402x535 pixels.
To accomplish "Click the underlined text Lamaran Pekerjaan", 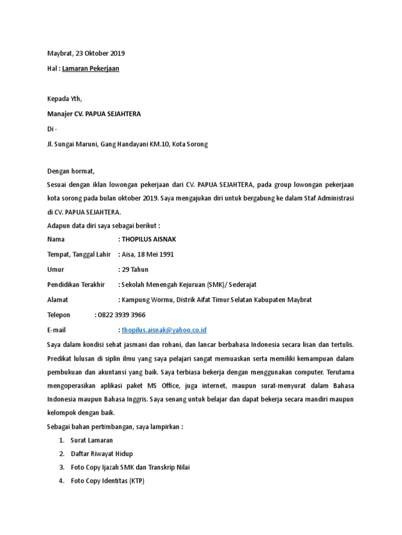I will [x=91, y=68].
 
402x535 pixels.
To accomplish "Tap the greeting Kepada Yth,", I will [x=64, y=99].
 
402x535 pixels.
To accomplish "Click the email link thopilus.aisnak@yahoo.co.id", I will [x=164, y=330].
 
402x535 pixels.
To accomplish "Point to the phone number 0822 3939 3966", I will [x=121, y=315].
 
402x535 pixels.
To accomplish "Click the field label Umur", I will [x=55, y=270].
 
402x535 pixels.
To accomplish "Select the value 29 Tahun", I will [x=135, y=270].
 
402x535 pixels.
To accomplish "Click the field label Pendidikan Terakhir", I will [x=76, y=285].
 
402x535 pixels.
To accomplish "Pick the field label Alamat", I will [x=58, y=300].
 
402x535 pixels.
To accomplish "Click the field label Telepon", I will [x=59, y=315].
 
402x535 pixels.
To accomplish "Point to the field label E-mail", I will [x=57, y=330].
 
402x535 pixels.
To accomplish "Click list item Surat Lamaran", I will [x=92, y=440].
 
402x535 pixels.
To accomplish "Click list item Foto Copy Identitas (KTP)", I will [x=107, y=481].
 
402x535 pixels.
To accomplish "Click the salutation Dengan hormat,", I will [x=71, y=171].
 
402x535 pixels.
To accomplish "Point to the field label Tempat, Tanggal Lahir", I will [x=79, y=254].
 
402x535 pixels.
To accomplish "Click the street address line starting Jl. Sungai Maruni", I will [x=127, y=144].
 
